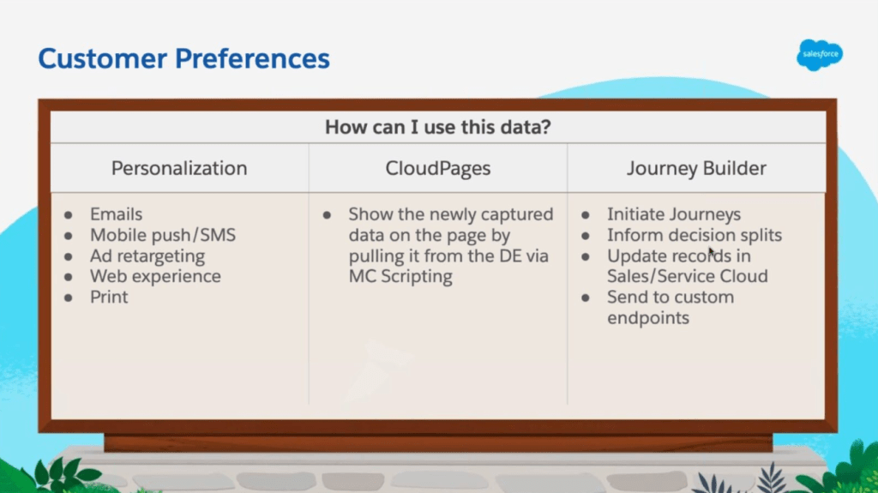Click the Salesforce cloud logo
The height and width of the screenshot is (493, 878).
pos(820,54)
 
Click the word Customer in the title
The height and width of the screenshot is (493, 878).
pos(103,58)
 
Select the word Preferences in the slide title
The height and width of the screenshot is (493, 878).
pos(252,58)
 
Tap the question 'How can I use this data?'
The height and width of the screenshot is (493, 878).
pos(438,127)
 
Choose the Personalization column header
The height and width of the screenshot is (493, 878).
pos(179,168)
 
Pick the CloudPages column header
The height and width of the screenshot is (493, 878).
pos(438,168)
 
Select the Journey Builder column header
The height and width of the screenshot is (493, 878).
pos(696,168)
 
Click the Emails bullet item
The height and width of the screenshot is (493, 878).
pos(116,214)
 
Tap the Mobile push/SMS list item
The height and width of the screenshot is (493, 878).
pos(163,235)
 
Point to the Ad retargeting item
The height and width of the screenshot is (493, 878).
pos(147,256)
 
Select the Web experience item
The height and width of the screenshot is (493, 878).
pos(155,276)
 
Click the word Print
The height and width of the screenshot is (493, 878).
pos(109,297)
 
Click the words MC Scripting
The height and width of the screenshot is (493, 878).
pos(400,276)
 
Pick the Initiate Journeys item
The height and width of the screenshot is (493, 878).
pos(674,214)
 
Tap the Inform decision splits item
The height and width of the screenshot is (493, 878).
pos(695,235)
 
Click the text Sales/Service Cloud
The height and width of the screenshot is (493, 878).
pos(687,276)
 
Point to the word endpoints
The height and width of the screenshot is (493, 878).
pos(648,317)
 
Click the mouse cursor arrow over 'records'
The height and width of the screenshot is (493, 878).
pos(712,252)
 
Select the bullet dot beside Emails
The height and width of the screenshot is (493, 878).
pos(69,214)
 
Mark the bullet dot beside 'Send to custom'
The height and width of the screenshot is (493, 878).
pos(585,298)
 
